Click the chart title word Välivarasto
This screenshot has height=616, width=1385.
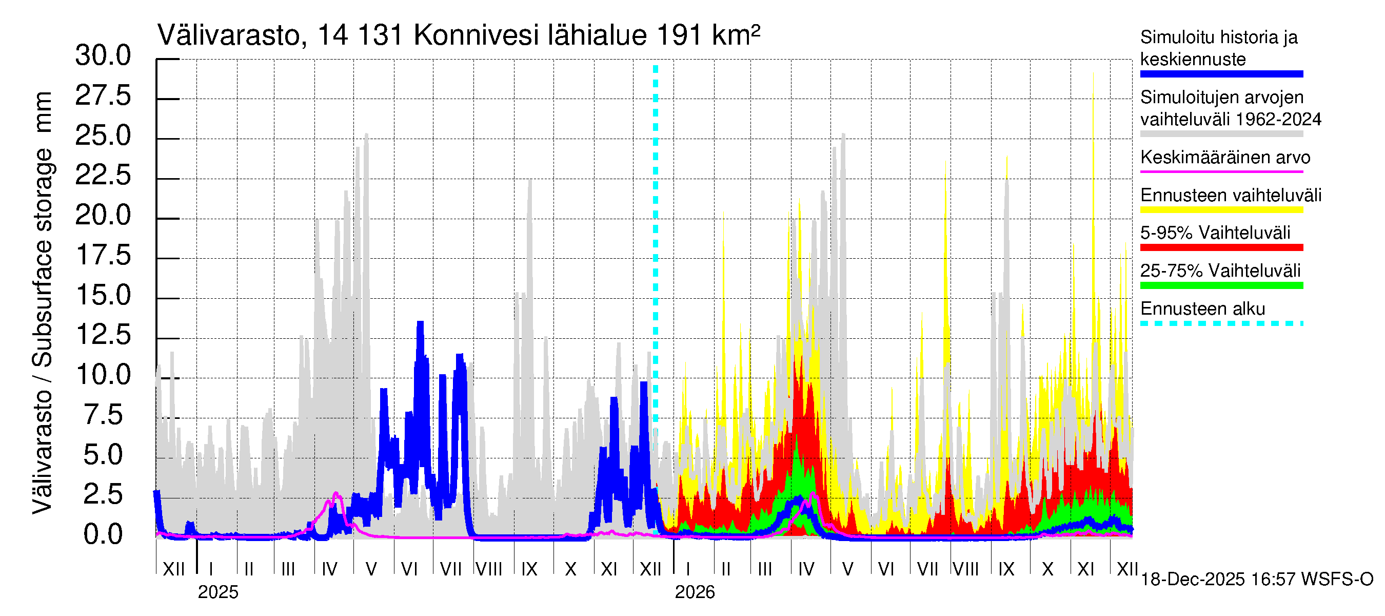pos(228,36)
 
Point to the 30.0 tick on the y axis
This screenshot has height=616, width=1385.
pos(103,56)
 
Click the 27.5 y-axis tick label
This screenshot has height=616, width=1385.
pos(103,96)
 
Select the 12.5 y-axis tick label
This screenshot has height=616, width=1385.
pos(103,335)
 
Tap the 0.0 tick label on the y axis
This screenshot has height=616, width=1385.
pos(103,535)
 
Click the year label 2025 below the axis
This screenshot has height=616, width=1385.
pos(217,592)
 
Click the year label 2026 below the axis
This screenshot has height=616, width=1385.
pos(695,592)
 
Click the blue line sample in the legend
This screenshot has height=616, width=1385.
pos(1221,74)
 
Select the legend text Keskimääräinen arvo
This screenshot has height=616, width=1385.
pos(1225,158)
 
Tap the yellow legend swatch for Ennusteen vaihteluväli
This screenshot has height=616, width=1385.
pos(1221,210)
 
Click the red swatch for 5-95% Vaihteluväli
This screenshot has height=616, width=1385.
pos(1221,247)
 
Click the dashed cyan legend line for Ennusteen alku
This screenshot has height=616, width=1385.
pos(1221,323)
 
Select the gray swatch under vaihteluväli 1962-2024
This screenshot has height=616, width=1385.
pos(1221,134)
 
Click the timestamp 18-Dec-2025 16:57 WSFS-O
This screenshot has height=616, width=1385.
pos(1256,580)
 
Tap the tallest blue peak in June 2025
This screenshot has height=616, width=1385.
pos(421,323)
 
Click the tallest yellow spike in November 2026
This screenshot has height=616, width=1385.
pos(1093,75)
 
